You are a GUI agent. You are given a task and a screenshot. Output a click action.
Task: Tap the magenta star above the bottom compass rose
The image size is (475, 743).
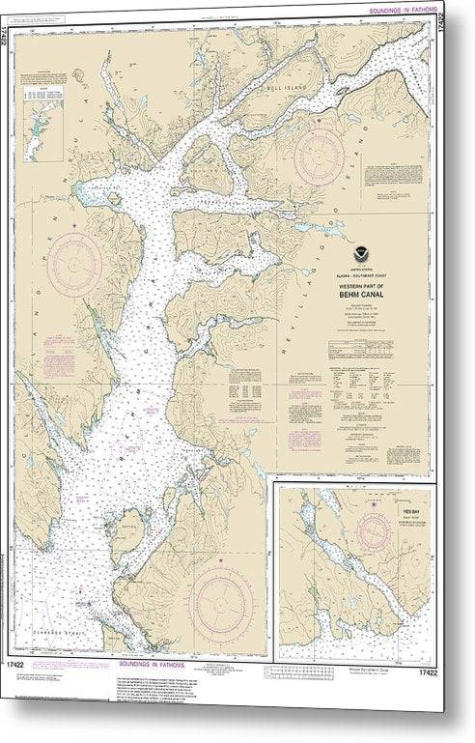[221, 560]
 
